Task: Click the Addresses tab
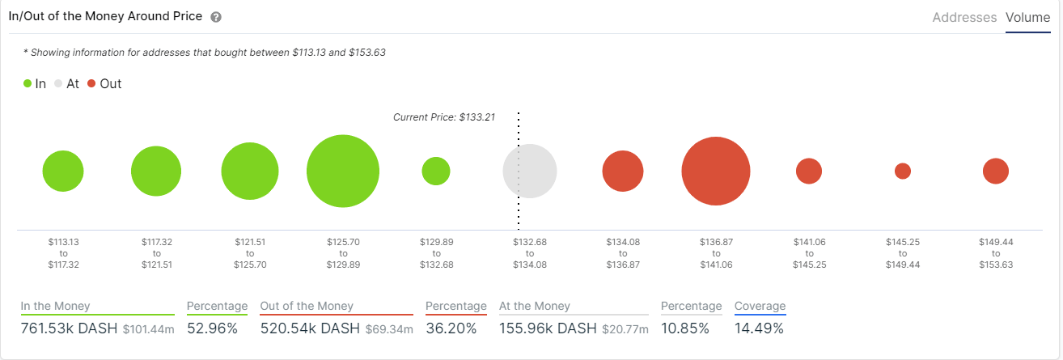point(964,17)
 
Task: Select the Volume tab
point(1027,17)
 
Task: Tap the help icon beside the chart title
point(215,17)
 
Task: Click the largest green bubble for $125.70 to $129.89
point(343,172)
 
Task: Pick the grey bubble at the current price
point(530,171)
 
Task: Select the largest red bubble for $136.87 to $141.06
point(715,171)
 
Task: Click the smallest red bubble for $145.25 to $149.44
point(903,171)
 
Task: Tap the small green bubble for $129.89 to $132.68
point(436,171)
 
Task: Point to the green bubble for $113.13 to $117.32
point(63,171)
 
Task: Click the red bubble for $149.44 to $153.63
point(996,171)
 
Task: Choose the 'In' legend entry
point(35,83)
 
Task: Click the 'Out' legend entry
point(104,83)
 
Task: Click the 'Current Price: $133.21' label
point(443,117)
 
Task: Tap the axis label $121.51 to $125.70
point(250,253)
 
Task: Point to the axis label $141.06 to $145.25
point(809,253)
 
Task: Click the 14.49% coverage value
point(759,328)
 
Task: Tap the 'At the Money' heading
point(535,306)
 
